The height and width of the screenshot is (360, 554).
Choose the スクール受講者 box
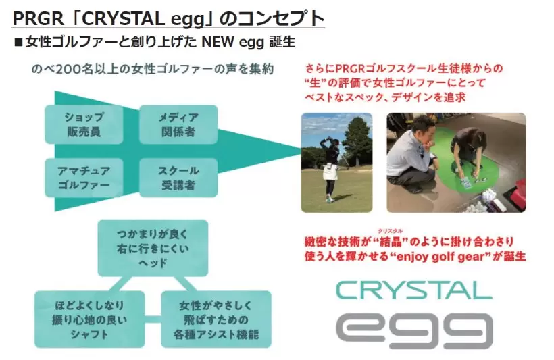pyautogui.click(x=178, y=178)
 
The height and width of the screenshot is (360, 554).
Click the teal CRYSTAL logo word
pyautogui.click(x=413, y=290)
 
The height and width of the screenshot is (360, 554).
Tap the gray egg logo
pyautogui.click(x=413, y=330)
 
